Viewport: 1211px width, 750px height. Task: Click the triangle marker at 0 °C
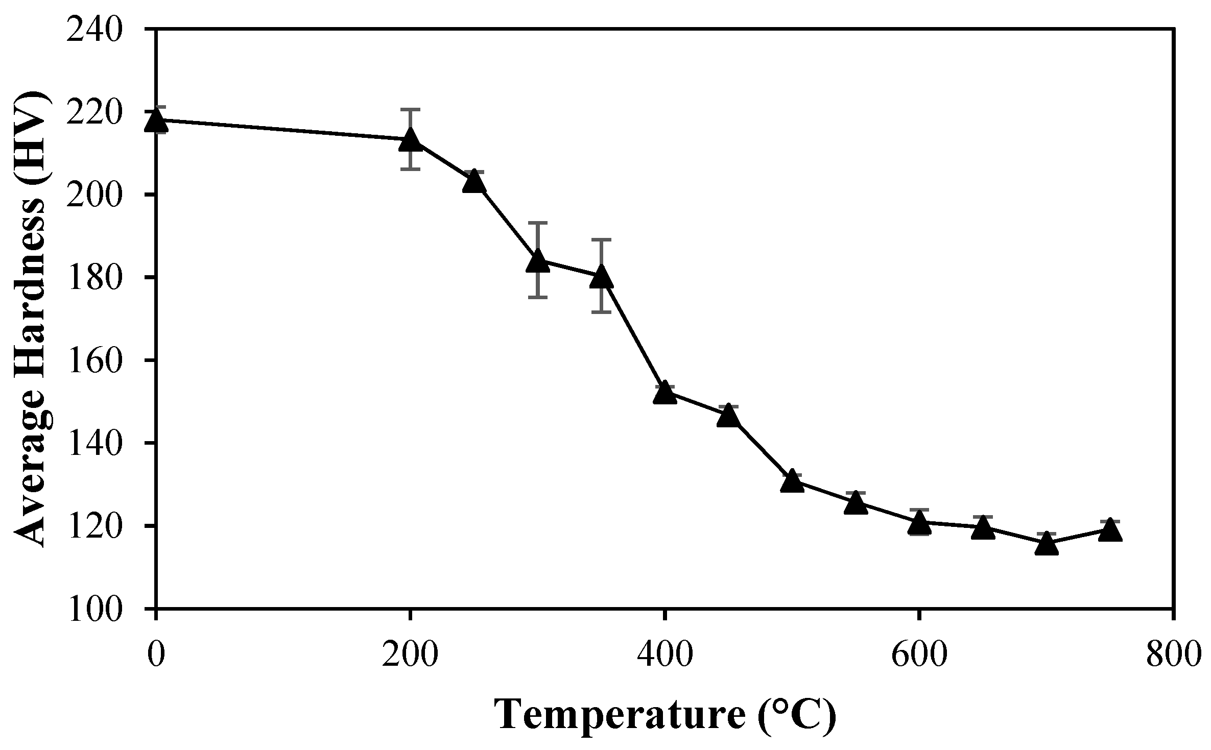coord(156,122)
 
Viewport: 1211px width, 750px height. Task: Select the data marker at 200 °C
coord(410,139)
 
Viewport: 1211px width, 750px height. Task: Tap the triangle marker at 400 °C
coord(664,392)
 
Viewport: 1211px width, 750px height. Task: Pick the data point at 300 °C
coord(537,261)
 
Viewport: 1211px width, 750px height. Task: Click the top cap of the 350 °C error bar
coord(601,239)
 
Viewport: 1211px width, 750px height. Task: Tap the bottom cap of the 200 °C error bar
coord(410,169)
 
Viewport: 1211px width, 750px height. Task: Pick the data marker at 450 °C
coord(728,417)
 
